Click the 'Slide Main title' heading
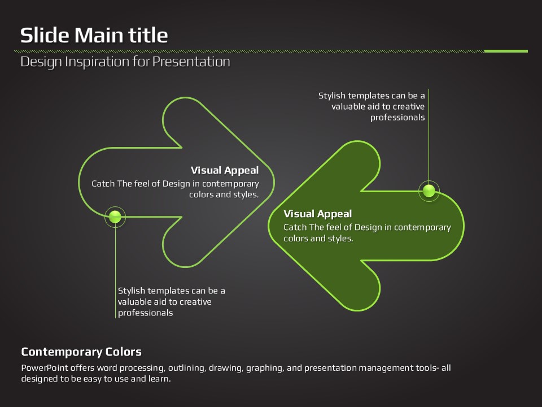(x=94, y=35)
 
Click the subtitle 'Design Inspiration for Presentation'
(x=125, y=62)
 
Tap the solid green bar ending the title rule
(x=506, y=51)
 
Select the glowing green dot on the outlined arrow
(x=115, y=216)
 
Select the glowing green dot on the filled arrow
(x=429, y=190)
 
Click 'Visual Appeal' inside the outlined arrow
(x=224, y=170)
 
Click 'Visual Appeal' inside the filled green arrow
(x=317, y=214)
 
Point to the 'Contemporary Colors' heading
(x=81, y=352)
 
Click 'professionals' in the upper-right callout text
(x=397, y=118)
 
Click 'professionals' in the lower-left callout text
(x=145, y=313)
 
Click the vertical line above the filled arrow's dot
(x=429, y=136)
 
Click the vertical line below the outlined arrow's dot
(x=115, y=271)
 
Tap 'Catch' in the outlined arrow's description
(x=103, y=184)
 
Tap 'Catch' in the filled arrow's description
(x=295, y=227)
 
